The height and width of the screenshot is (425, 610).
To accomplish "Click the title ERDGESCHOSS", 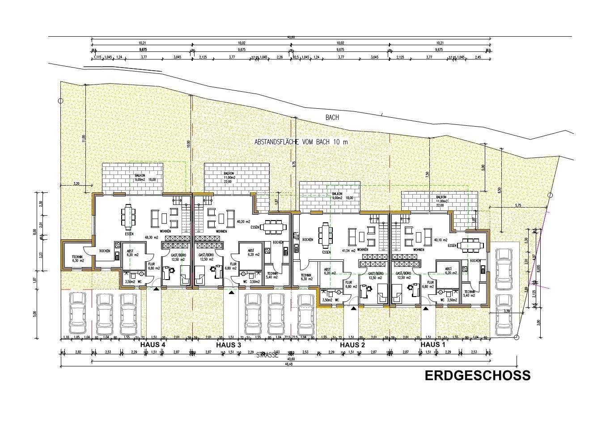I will [x=477, y=375].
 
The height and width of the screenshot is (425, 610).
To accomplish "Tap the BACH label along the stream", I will [x=332, y=118].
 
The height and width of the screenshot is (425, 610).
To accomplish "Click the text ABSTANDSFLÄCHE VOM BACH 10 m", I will [x=301, y=142].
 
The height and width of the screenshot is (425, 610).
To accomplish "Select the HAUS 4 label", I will [x=153, y=345].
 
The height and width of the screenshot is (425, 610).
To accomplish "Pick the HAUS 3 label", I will [x=229, y=345].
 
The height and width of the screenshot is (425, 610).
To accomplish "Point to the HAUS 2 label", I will [x=352, y=345].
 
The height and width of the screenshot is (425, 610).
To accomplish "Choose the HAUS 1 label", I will [x=433, y=345].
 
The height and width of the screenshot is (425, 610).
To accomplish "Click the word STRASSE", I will [x=267, y=356].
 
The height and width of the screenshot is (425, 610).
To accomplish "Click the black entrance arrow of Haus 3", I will [x=231, y=293].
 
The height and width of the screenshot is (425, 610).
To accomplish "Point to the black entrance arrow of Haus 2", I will [x=354, y=308].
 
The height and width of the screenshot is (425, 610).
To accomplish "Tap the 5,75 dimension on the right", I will [x=518, y=205].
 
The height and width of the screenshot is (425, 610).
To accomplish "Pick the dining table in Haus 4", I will [x=128, y=217].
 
